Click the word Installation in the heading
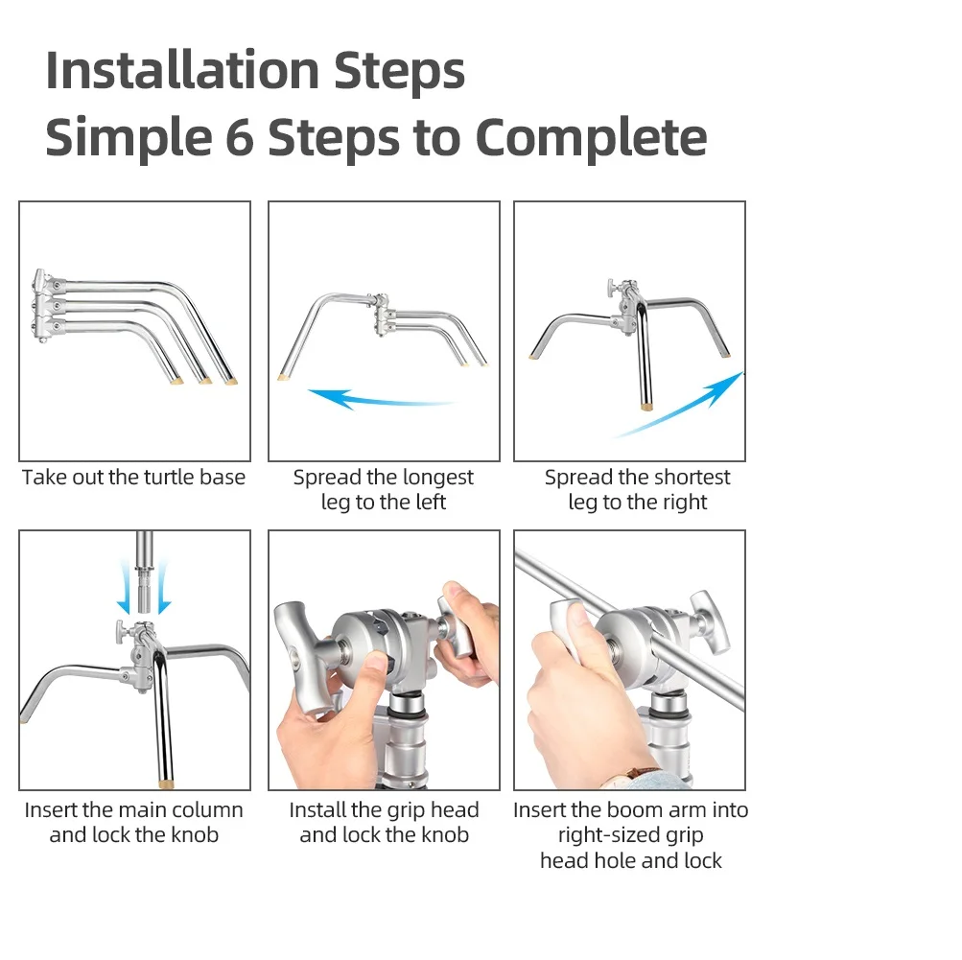(x=181, y=70)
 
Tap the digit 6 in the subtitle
(x=239, y=137)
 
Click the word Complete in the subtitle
(x=592, y=137)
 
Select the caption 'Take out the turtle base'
(x=133, y=478)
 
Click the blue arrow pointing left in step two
(x=381, y=399)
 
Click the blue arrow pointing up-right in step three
(x=679, y=405)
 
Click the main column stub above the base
(x=144, y=572)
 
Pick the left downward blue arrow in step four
(x=125, y=588)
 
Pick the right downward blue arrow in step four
(x=163, y=588)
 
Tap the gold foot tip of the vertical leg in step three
(x=646, y=406)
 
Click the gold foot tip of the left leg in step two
(x=284, y=377)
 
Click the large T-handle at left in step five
(x=303, y=656)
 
